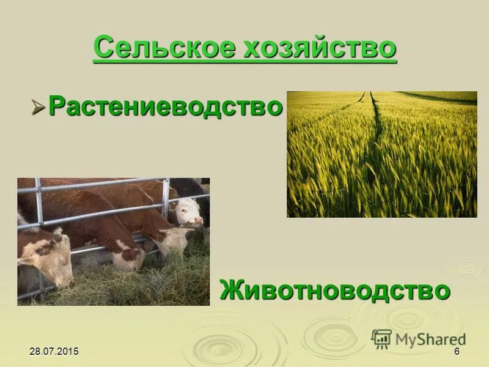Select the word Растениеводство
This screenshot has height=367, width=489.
165,106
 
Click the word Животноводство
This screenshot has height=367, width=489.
335,289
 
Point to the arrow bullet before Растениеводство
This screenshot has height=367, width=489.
39,108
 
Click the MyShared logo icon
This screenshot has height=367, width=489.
381,339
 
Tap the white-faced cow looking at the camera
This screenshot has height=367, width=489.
188,211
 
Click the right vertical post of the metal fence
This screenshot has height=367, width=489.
165,202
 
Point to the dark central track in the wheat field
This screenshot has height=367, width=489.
374,122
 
